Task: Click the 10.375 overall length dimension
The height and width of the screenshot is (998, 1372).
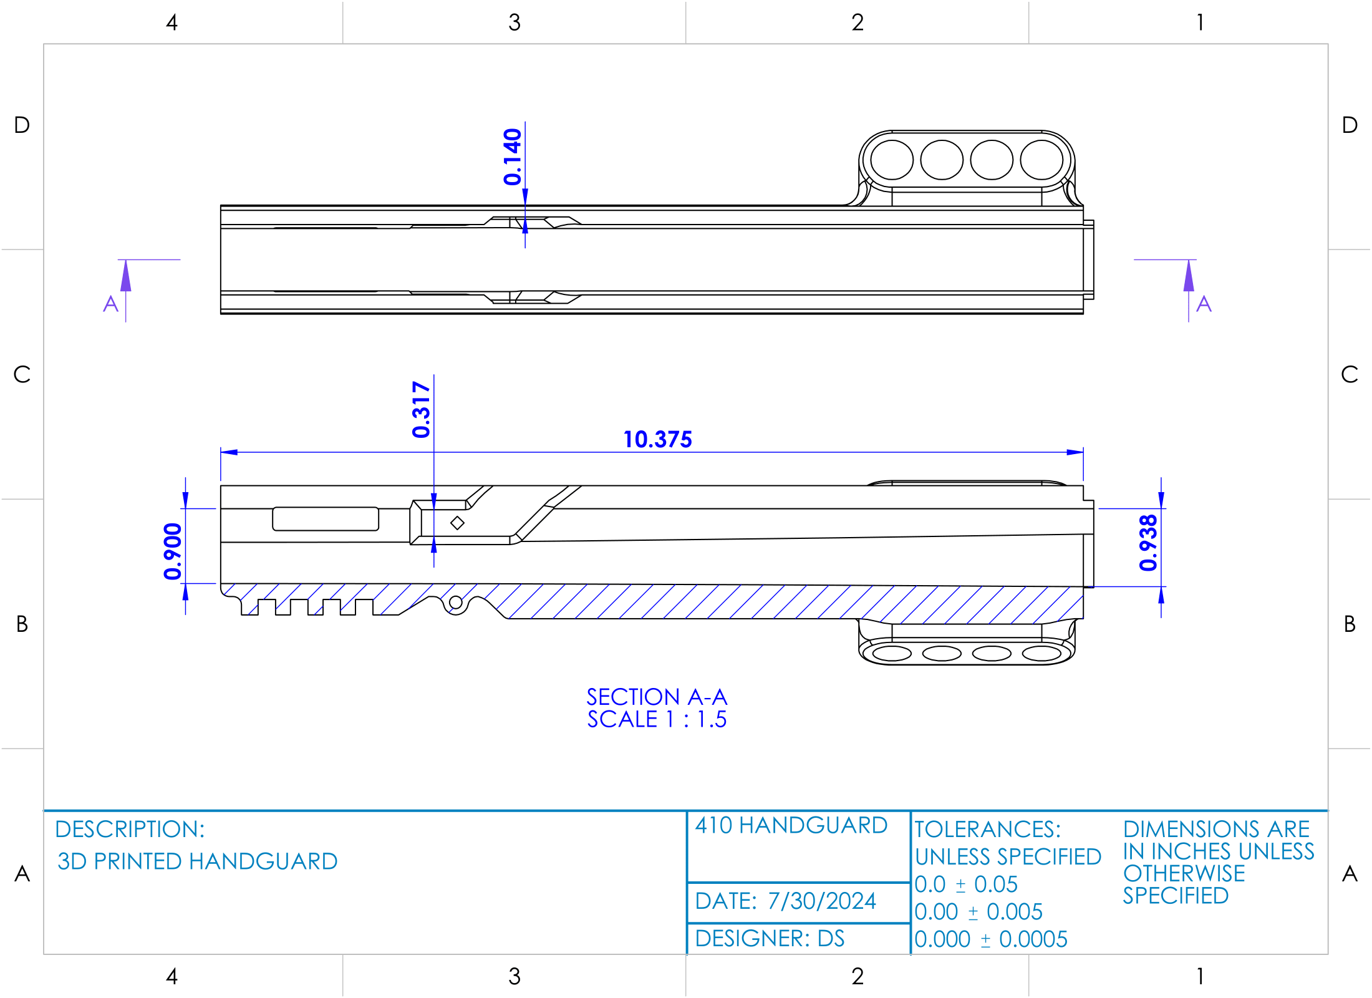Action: (657, 439)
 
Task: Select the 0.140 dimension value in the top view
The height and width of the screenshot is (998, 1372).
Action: (512, 157)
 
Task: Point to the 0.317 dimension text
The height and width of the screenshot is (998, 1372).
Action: (421, 409)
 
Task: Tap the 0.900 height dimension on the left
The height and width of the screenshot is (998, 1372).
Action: (172, 551)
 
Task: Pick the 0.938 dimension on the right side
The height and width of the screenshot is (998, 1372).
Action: (1147, 543)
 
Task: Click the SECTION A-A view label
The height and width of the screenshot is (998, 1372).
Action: (657, 697)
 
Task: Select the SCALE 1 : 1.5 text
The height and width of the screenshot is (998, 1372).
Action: (657, 719)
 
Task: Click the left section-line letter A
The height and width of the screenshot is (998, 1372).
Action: (110, 304)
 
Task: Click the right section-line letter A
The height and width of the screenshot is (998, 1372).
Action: (1204, 304)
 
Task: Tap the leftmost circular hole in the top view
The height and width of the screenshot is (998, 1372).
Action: (892, 160)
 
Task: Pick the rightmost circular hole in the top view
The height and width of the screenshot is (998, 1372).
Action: (1041, 160)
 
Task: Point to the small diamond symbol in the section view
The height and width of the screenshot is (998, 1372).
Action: (457, 523)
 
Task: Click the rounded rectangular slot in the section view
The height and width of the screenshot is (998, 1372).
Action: (326, 519)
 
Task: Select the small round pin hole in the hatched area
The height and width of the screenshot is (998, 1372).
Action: (456, 603)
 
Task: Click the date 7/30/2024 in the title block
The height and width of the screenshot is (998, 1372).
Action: (821, 901)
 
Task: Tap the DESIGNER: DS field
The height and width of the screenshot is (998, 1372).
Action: (770, 938)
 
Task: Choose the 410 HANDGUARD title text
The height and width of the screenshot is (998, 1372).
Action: (791, 825)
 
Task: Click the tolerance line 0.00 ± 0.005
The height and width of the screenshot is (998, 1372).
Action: (978, 911)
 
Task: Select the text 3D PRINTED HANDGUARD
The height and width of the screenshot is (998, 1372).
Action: (197, 861)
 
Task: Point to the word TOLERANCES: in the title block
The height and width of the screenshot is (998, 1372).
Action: (987, 829)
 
